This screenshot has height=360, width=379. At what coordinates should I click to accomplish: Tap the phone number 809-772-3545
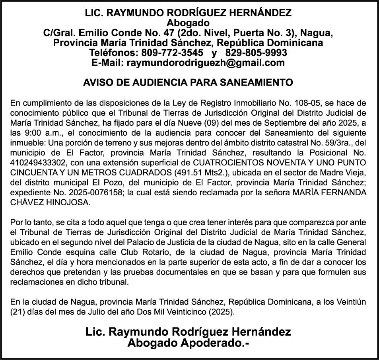coord(176,53)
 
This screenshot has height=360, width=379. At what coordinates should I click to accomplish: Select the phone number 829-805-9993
coord(256,53)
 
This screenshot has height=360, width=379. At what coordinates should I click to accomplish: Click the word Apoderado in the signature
coord(205,342)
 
